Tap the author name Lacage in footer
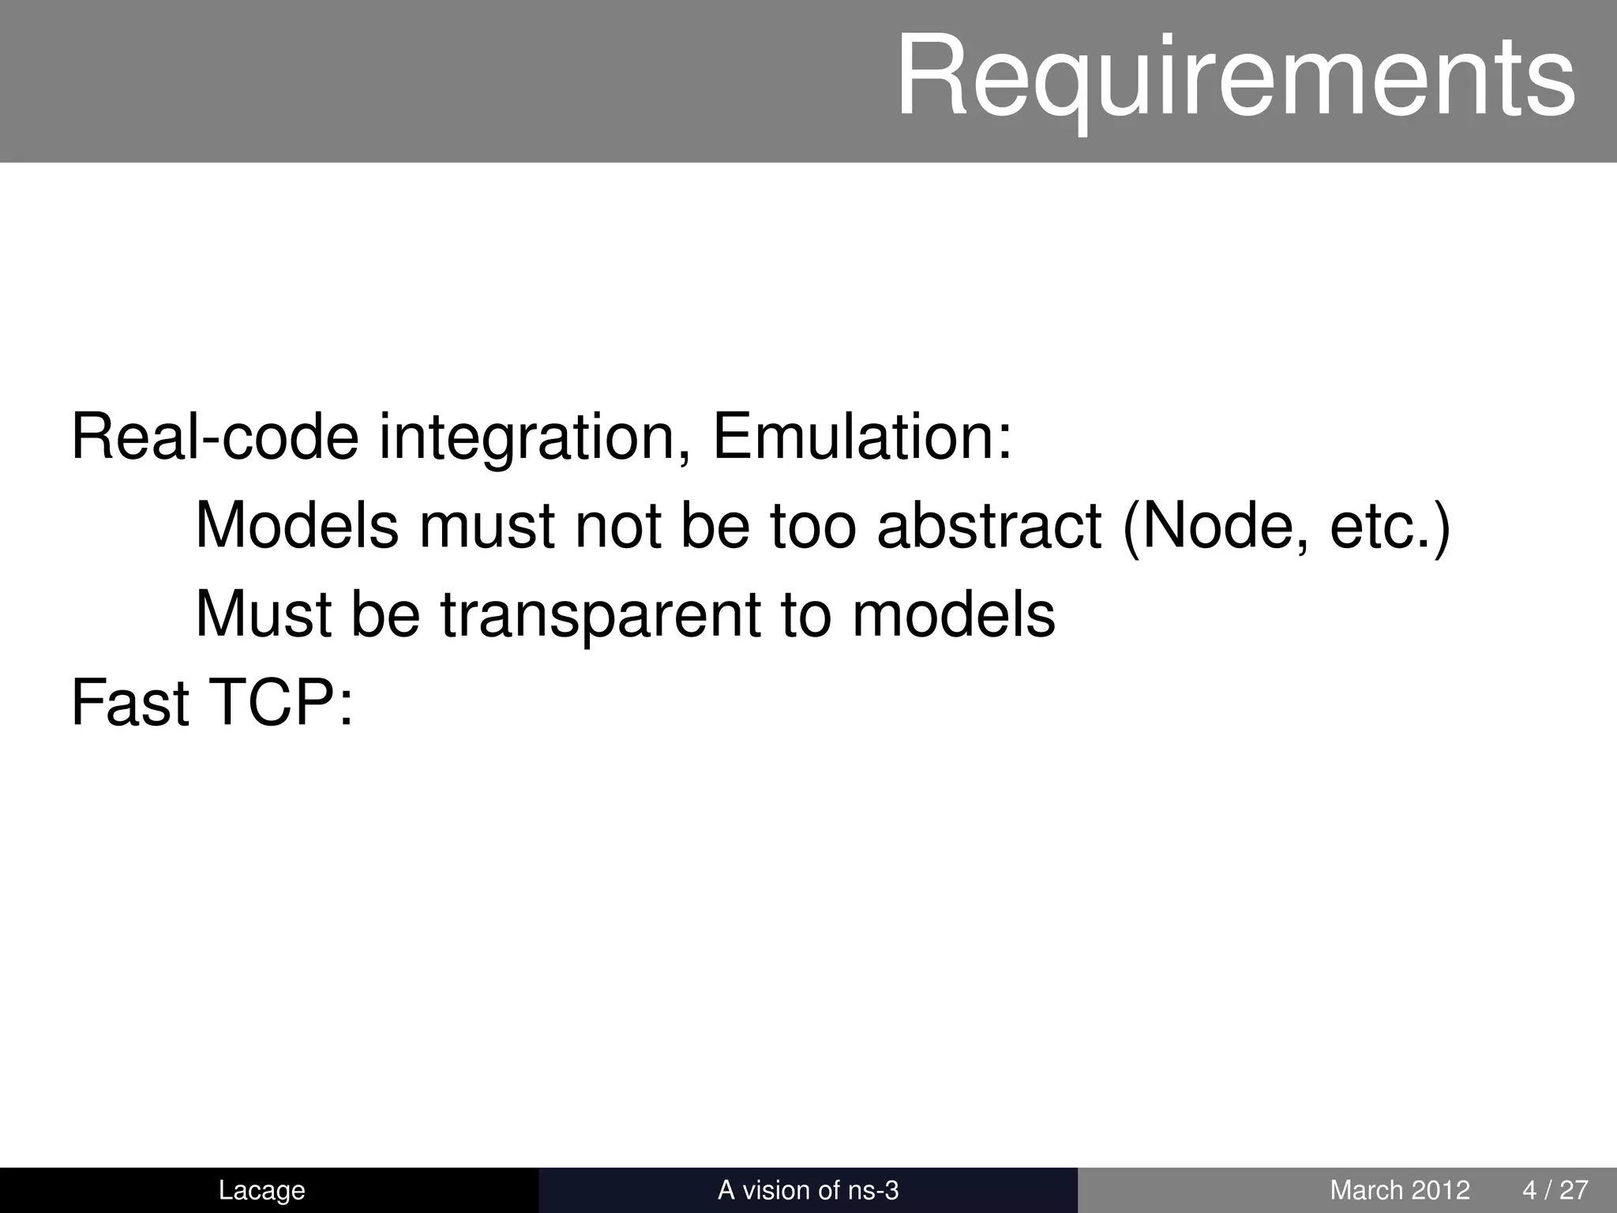pos(261,1190)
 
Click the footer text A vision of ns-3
pos(808,1190)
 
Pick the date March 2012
pos(1400,1190)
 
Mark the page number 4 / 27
pos(1555,1190)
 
